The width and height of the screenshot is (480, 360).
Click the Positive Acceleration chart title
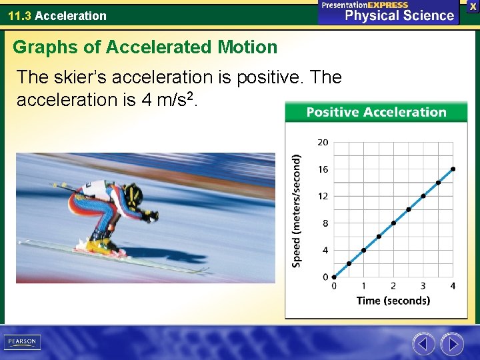click(x=376, y=112)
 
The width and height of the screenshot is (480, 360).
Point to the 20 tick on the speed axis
click(x=323, y=142)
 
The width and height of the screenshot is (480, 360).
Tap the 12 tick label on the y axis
click(x=323, y=196)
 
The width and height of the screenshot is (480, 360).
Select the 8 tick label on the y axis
click(x=325, y=223)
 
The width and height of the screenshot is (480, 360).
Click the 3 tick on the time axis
click(x=423, y=286)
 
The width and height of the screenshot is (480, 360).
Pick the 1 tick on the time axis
click(x=363, y=286)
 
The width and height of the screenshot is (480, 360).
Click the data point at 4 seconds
click(x=453, y=169)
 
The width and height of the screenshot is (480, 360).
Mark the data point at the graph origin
click(x=334, y=277)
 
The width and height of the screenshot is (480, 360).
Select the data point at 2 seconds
click(x=393, y=223)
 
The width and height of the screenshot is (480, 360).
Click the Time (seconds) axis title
click(x=393, y=301)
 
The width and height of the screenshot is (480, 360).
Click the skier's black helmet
click(x=133, y=195)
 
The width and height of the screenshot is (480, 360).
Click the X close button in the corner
click(x=473, y=6)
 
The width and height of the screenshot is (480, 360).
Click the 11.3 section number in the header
click(x=19, y=15)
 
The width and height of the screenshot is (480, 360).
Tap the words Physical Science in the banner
click(x=399, y=15)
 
